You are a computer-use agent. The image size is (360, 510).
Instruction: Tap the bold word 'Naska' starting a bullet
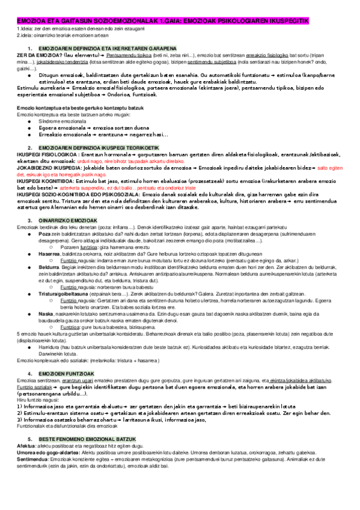(45, 313)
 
